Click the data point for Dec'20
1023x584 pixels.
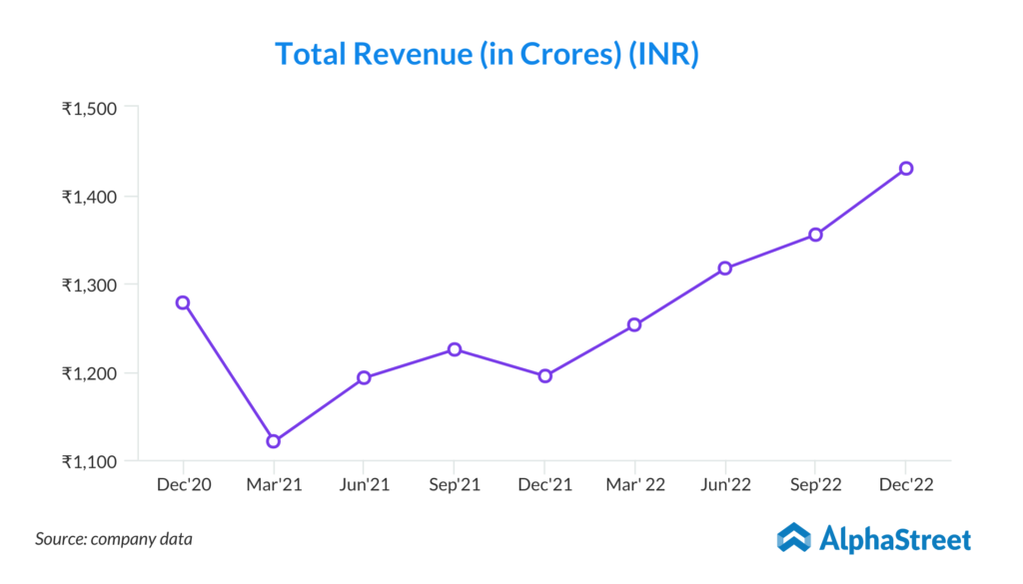[183, 302]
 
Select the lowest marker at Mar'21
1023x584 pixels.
[273, 441]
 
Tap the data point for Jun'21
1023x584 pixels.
[364, 377]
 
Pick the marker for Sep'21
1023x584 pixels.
[455, 349]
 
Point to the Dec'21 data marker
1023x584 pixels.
[544, 376]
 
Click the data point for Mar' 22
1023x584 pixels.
[634, 324]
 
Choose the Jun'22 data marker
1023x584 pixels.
[725, 268]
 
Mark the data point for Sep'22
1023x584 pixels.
[815, 235]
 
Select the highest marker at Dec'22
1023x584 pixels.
[906, 168]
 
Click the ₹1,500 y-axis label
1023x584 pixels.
[90, 108]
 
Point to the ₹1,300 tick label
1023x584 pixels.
[90, 285]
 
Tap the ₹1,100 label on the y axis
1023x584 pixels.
[90, 461]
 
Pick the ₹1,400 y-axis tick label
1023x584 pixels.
[90, 197]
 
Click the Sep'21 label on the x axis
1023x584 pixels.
[455, 485]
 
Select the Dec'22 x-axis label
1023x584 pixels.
[906, 485]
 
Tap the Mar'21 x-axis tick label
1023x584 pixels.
[273, 485]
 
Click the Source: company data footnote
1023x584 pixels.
[114, 539]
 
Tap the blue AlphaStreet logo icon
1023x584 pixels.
[794, 538]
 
